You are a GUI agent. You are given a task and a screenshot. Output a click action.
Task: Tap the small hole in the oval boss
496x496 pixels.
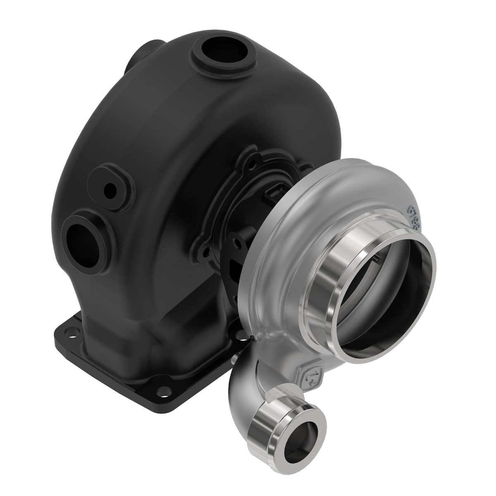(x=110, y=190)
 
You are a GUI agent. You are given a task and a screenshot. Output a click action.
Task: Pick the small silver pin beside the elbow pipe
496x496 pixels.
(x=237, y=356)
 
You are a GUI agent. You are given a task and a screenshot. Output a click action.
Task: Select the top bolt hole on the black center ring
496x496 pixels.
(x=249, y=157)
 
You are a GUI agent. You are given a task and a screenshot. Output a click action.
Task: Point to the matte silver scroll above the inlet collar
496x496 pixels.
(x=331, y=182)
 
